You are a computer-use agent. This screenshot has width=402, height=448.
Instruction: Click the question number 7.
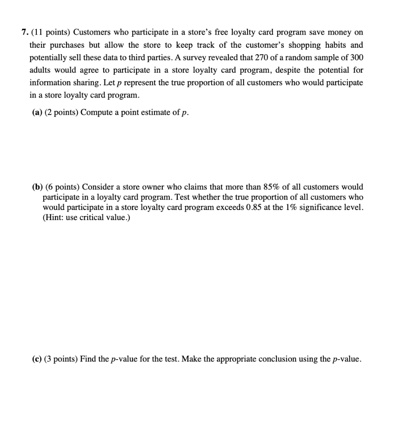24,33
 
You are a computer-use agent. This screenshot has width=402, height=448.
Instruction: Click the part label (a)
36,112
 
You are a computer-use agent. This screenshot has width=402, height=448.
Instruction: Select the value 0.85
275,207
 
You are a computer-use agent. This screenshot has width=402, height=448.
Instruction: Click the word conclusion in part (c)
274,359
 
